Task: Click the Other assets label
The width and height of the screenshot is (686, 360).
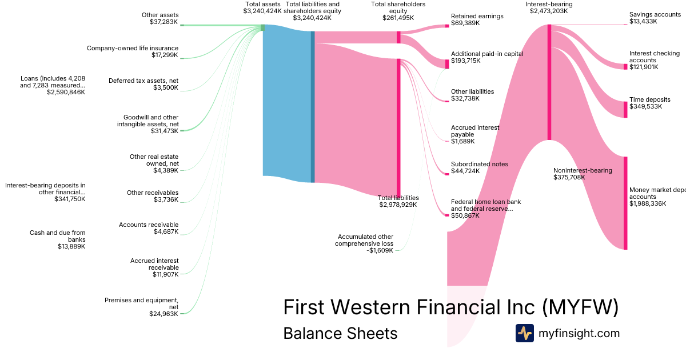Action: (x=160, y=15)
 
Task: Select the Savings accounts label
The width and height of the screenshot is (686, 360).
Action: (x=655, y=14)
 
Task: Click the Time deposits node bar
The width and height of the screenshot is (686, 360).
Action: (x=625, y=109)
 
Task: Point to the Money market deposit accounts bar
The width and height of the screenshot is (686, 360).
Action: (x=625, y=203)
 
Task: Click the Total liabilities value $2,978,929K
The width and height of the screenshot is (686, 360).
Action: (x=398, y=205)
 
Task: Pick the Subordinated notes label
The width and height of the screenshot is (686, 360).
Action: (x=479, y=164)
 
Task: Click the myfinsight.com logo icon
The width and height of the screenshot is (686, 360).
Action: (x=524, y=333)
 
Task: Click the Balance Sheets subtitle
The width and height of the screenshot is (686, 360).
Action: (x=340, y=333)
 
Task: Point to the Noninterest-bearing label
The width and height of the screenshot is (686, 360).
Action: (x=583, y=170)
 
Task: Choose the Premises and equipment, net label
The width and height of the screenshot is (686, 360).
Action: (x=141, y=303)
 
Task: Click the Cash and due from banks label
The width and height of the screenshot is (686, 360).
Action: (x=57, y=236)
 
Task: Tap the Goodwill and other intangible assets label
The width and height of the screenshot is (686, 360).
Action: (x=148, y=121)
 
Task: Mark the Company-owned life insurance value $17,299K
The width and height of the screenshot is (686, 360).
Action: (x=165, y=55)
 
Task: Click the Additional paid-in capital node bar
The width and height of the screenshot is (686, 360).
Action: (x=447, y=63)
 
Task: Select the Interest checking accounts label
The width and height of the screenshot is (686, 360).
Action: (x=654, y=57)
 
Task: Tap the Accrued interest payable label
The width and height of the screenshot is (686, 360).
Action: (x=475, y=131)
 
